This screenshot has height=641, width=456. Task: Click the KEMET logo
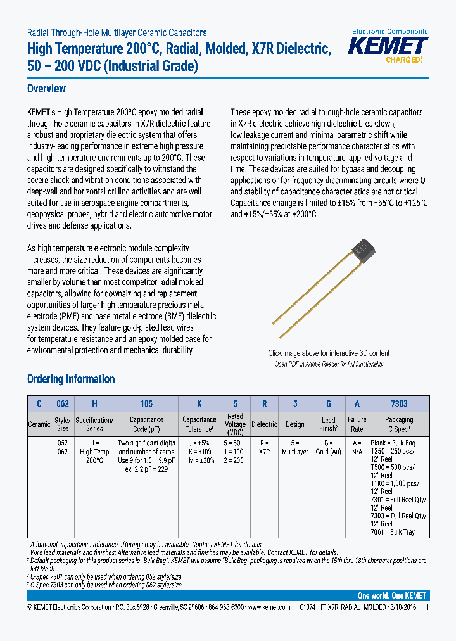click(x=389, y=47)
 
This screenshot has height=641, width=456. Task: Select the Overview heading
click(x=46, y=89)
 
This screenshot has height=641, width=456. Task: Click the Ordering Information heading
click(x=71, y=379)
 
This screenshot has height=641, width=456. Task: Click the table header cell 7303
click(x=399, y=403)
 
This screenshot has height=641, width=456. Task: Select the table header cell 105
click(x=146, y=403)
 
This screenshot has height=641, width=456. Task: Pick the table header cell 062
click(x=62, y=403)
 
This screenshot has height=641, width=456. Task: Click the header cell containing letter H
click(x=94, y=403)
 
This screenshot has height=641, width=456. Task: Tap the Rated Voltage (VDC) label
click(x=235, y=424)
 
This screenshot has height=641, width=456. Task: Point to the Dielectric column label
click(x=264, y=424)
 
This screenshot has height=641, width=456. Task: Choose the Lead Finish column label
click(x=328, y=424)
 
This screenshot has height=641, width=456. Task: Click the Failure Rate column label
click(x=357, y=424)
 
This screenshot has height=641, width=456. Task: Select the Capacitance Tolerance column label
click(x=199, y=424)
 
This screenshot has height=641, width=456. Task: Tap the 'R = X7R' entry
click(x=264, y=447)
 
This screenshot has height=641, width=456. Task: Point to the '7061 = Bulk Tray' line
click(x=392, y=532)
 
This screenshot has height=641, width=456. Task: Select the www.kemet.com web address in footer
click(x=273, y=607)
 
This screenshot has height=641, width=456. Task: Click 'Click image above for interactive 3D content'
click(x=329, y=353)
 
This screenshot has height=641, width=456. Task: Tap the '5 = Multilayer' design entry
click(x=295, y=447)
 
